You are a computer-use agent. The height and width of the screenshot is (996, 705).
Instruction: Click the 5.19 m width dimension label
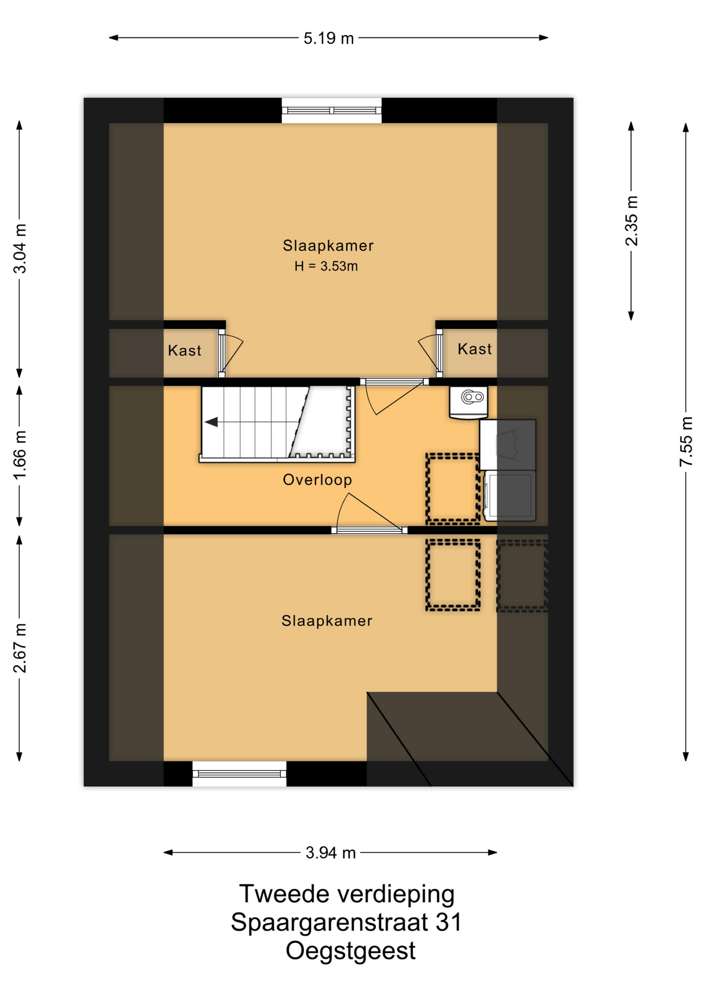coord(329,38)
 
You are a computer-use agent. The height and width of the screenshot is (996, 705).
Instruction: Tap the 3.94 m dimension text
coord(331,853)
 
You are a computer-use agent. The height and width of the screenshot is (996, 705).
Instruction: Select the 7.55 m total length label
coord(686,441)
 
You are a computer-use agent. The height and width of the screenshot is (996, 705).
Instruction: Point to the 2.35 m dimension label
coord(631,220)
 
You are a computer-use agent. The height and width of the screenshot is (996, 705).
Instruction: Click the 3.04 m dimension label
coord(20,249)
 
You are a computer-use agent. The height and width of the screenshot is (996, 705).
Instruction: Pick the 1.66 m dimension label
coord(20,455)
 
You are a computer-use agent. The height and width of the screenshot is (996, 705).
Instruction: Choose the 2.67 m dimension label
coord(20,648)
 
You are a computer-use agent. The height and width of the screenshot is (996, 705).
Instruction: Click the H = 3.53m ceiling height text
coord(326,266)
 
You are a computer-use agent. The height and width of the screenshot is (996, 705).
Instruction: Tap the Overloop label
coord(317,480)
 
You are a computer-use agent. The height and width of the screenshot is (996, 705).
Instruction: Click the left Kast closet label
coord(184,351)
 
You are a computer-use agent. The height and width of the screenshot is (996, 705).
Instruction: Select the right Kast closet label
coord(474,349)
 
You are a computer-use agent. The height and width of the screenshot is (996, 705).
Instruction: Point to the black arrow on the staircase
coord(211,422)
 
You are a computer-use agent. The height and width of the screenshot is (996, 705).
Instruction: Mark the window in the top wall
coord(332,110)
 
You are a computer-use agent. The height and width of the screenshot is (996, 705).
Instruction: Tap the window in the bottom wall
coord(239,774)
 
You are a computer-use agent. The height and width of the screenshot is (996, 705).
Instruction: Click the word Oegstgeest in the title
coord(350,951)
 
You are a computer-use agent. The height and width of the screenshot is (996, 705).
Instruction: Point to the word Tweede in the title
coord(284,894)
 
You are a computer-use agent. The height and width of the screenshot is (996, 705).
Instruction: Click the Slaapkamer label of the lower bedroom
coord(327,621)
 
